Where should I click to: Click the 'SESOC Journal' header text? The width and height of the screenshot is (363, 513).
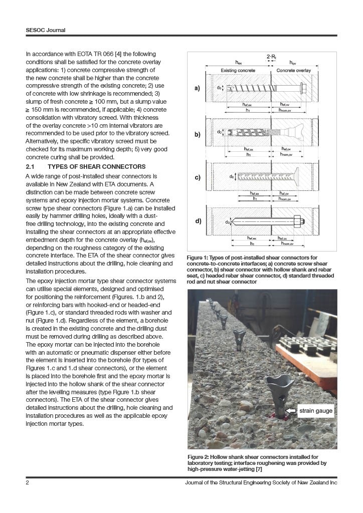pyautogui.click(x=46, y=30)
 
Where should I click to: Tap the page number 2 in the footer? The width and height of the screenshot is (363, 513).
pyautogui.click(x=28, y=482)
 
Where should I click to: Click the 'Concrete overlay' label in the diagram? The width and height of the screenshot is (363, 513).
pyautogui.click(x=293, y=71)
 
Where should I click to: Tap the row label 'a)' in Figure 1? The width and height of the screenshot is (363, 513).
pyautogui.click(x=197, y=89)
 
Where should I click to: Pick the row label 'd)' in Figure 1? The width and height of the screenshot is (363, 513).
pyautogui.click(x=197, y=220)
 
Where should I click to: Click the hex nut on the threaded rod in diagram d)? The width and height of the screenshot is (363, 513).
pyautogui.click(x=296, y=220)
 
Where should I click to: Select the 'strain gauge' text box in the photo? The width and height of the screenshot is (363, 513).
pyautogui.click(x=316, y=411)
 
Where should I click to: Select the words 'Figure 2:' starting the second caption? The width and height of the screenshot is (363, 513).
pyautogui.click(x=200, y=457)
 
